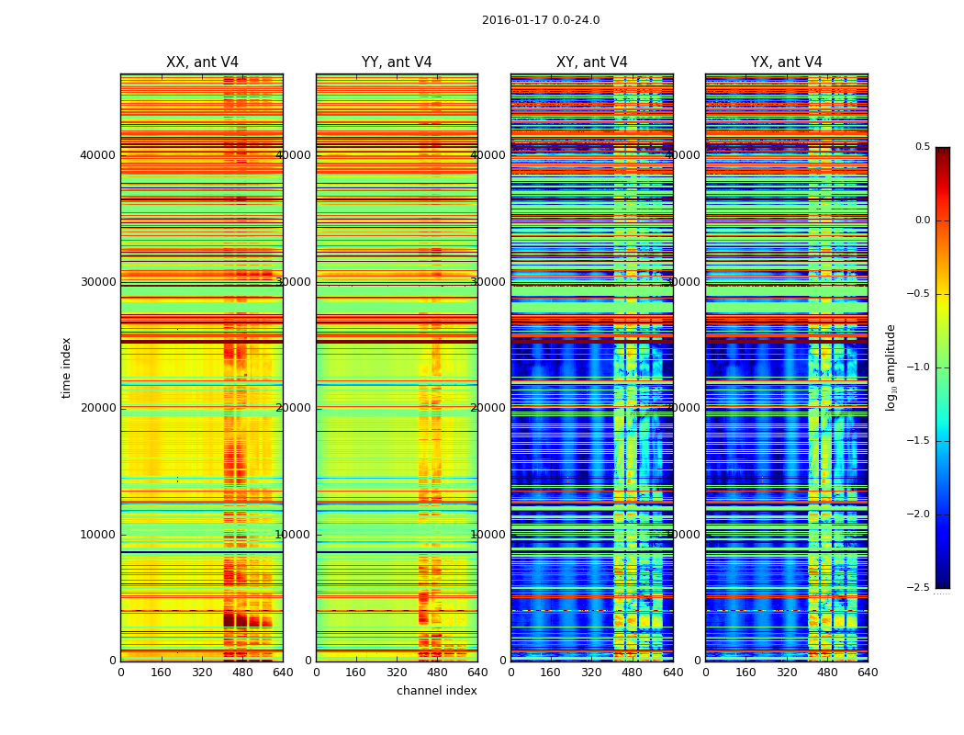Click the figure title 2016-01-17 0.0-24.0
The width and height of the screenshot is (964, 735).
(x=541, y=20)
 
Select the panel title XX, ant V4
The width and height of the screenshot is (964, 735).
(x=202, y=62)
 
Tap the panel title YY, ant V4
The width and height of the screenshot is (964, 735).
(x=397, y=62)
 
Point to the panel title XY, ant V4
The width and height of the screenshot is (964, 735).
(x=592, y=62)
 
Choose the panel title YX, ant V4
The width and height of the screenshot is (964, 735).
(x=787, y=62)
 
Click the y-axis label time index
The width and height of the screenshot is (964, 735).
(x=66, y=367)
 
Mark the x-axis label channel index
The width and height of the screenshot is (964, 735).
(x=437, y=691)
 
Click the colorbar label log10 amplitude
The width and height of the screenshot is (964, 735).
(x=891, y=367)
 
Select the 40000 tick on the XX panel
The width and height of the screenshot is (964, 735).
(x=97, y=154)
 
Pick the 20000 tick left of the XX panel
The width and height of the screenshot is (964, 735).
(x=97, y=408)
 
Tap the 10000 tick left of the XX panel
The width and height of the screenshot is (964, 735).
(x=97, y=535)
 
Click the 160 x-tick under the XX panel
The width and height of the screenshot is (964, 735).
(x=161, y=673)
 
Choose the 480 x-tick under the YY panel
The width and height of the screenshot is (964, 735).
(x=437, y=673)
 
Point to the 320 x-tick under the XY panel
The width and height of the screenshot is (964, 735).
(x=592, y=673)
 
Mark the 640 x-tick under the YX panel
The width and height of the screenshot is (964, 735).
(x=868, y=673)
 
